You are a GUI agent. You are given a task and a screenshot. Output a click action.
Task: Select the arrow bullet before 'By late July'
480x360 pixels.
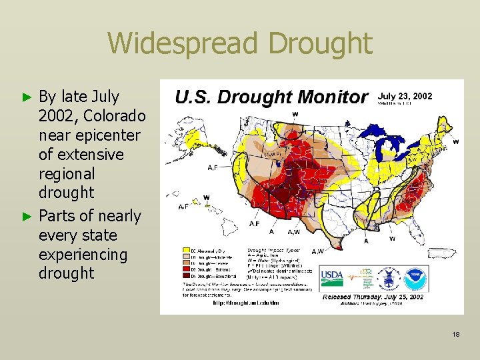click(27, 97)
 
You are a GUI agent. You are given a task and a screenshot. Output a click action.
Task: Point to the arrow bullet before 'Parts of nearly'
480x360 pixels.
click(27, 217)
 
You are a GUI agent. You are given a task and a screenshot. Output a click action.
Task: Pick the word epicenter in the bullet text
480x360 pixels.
click(91, 135)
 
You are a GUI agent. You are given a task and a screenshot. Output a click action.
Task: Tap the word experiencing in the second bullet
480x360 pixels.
click(83, 255)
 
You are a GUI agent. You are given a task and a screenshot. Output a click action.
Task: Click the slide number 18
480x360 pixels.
click(457, 334)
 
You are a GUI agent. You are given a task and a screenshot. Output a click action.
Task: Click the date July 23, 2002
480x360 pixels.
click(405, 96)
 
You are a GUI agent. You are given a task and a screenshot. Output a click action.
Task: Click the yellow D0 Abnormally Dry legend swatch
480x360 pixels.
click(186, 251)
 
